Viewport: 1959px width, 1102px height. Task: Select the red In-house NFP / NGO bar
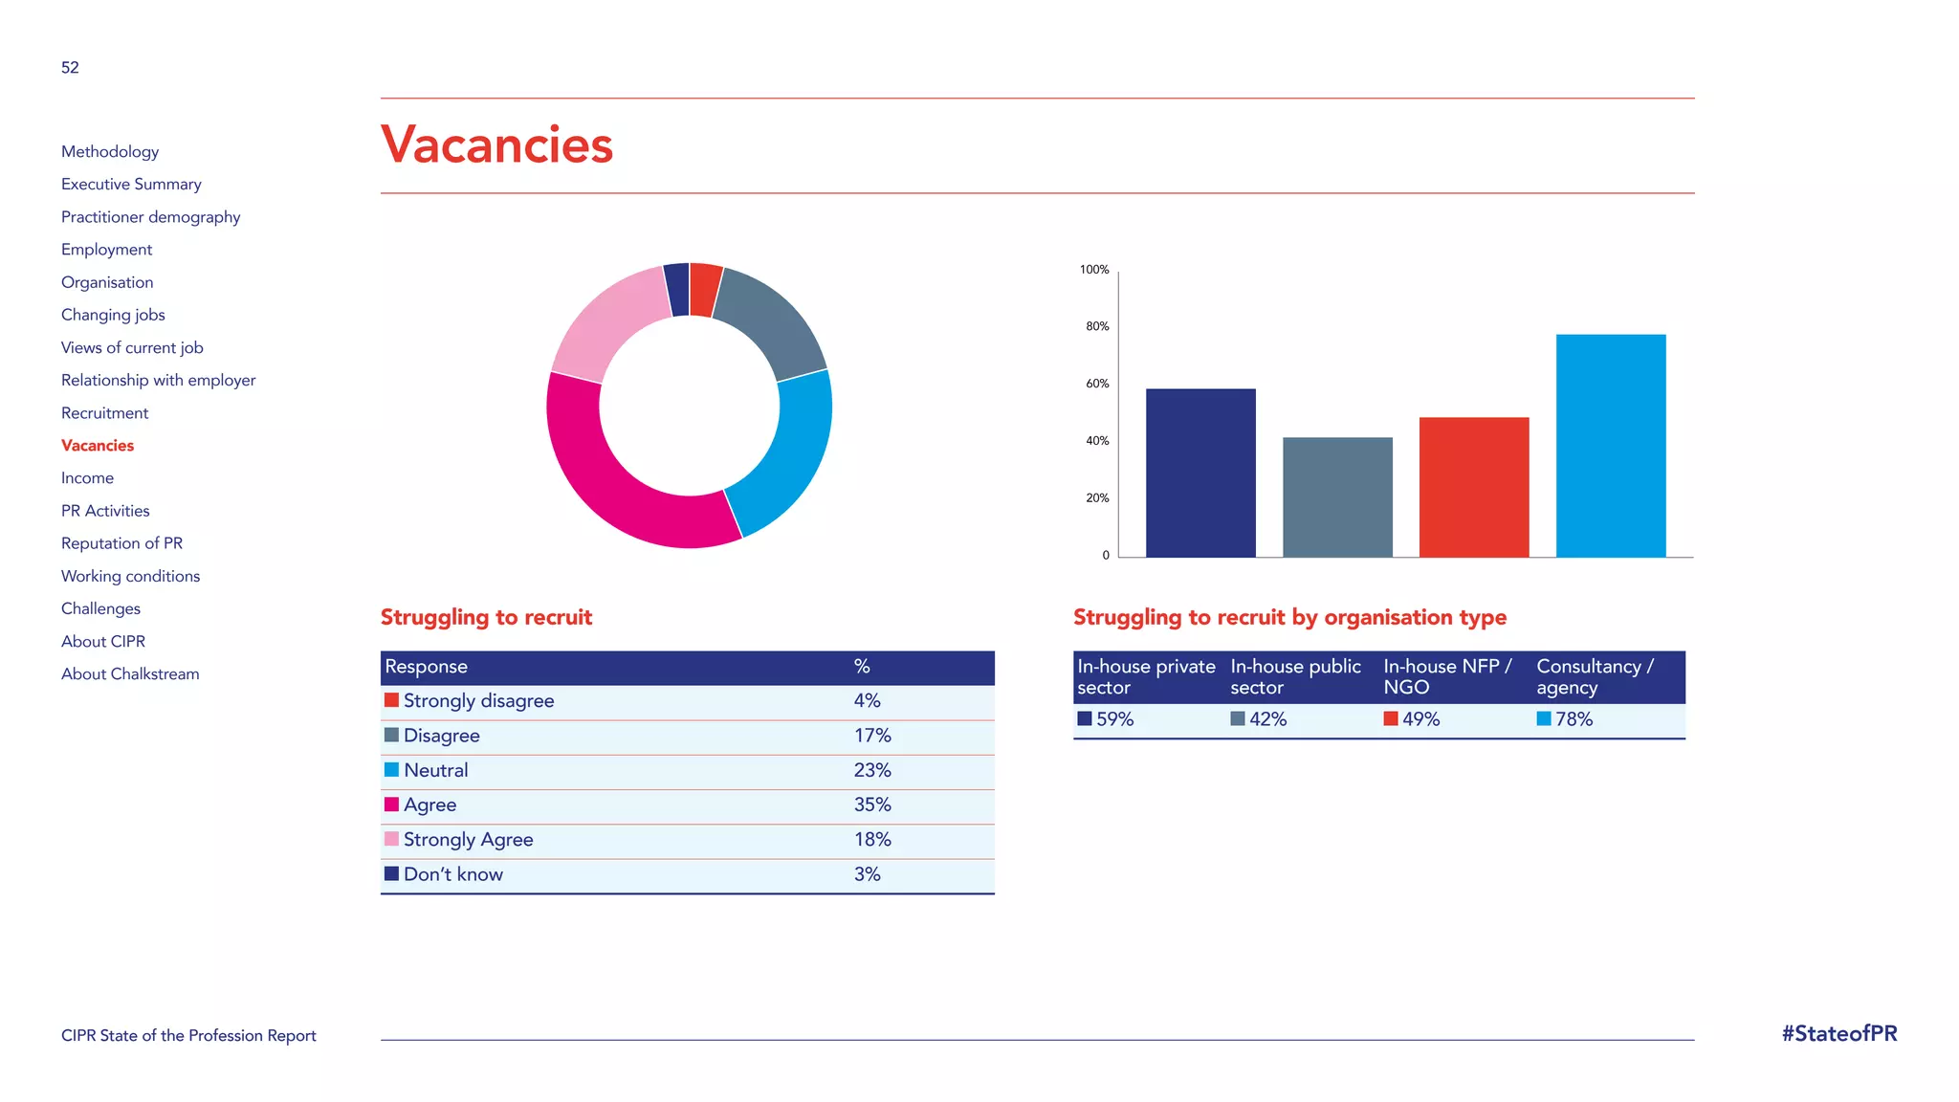coord(1474,487)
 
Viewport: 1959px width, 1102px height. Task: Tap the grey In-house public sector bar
coord(1337,497)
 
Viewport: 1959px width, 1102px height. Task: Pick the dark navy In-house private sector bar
coord(1200,473)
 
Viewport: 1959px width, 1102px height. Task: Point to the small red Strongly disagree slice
coord(704,289)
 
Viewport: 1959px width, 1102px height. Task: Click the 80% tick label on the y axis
coord(1097,326)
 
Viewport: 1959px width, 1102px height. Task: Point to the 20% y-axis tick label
coord(1097,498)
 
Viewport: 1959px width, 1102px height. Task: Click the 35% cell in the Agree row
coord(872,804)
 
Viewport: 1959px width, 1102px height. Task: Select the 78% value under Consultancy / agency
coord(1574,719)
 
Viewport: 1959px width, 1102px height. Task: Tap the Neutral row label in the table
coord(435,770)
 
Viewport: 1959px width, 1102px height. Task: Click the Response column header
coord(426,667)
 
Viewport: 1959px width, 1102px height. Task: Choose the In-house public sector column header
coord(1295,676)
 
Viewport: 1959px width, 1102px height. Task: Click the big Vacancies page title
coord(496,145)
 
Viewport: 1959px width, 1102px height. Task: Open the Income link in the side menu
coord(87,478)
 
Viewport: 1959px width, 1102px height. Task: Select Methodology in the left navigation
coord(110,151)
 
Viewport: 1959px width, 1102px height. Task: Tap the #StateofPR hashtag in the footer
coord(1838,1034)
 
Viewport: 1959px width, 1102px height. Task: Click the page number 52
coord(70,68)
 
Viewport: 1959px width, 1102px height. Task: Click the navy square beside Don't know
coord(391,873)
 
